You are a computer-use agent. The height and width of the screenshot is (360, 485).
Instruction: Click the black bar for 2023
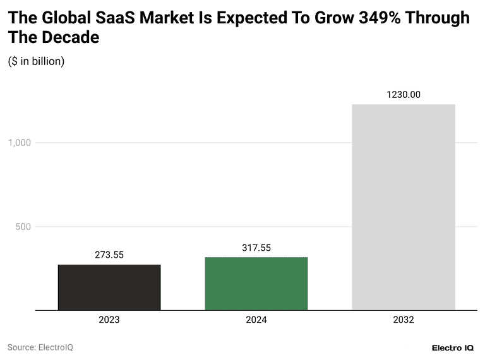109,287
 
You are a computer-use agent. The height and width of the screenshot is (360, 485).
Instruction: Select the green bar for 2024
256,284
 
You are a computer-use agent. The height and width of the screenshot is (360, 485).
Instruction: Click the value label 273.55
109,255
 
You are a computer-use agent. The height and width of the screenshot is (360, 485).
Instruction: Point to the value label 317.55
256,248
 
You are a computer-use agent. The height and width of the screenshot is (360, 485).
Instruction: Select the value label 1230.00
404,95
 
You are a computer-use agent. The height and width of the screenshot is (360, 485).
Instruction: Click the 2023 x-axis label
109,320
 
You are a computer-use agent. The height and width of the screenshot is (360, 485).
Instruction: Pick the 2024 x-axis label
256,320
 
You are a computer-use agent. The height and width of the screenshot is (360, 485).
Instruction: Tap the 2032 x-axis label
404,320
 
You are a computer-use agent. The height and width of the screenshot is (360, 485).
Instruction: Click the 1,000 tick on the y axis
20,143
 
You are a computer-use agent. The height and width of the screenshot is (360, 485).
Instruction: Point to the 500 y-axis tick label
23,227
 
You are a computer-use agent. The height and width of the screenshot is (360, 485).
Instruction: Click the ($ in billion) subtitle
36,61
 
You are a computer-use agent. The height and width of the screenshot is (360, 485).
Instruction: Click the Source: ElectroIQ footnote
40,347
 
